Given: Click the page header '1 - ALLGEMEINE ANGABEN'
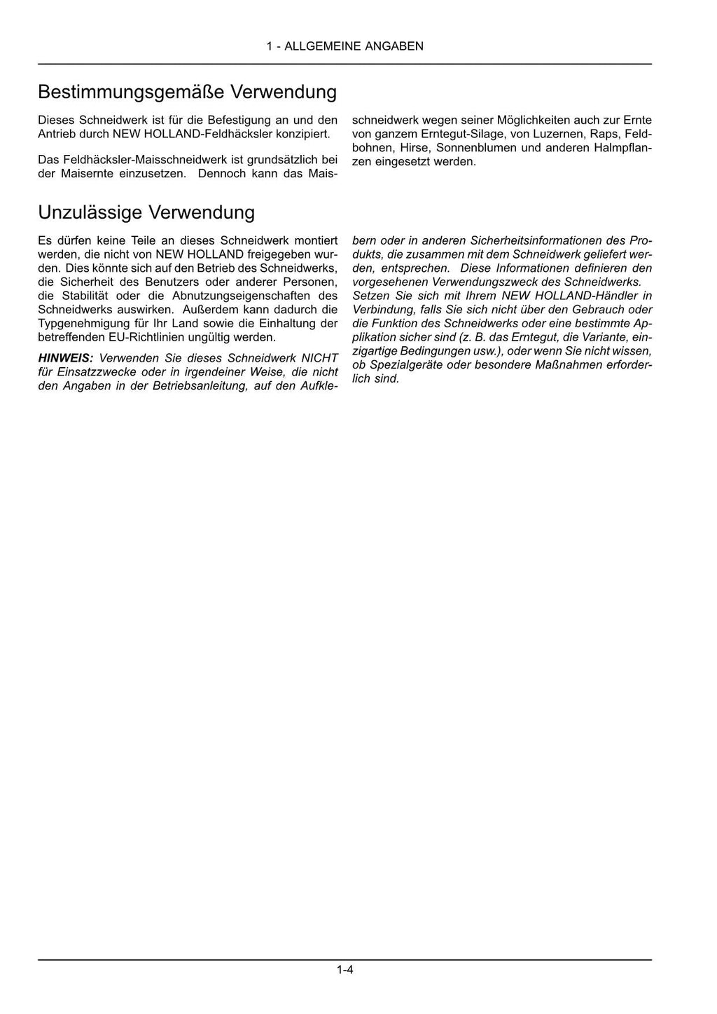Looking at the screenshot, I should [344, 46].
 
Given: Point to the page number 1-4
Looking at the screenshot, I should [344, 971].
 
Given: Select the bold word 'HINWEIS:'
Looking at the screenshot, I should [65, 358].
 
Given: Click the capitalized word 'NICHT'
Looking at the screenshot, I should [319, 358].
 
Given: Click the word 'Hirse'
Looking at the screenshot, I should [414, 148].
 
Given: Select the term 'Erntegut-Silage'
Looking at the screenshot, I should [455, 134].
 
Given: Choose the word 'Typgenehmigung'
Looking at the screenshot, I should [81, 324].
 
